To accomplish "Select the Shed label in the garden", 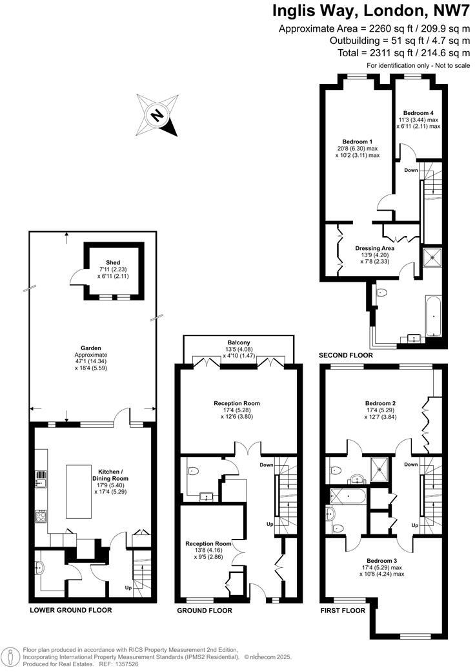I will pos(114,262).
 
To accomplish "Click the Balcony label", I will pos(238,342).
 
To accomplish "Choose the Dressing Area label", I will pos(374,247).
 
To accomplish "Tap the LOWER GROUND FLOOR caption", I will pos(71,610).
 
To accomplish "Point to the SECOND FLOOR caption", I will pos(345,355).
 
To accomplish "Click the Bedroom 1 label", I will pos(357,142).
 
